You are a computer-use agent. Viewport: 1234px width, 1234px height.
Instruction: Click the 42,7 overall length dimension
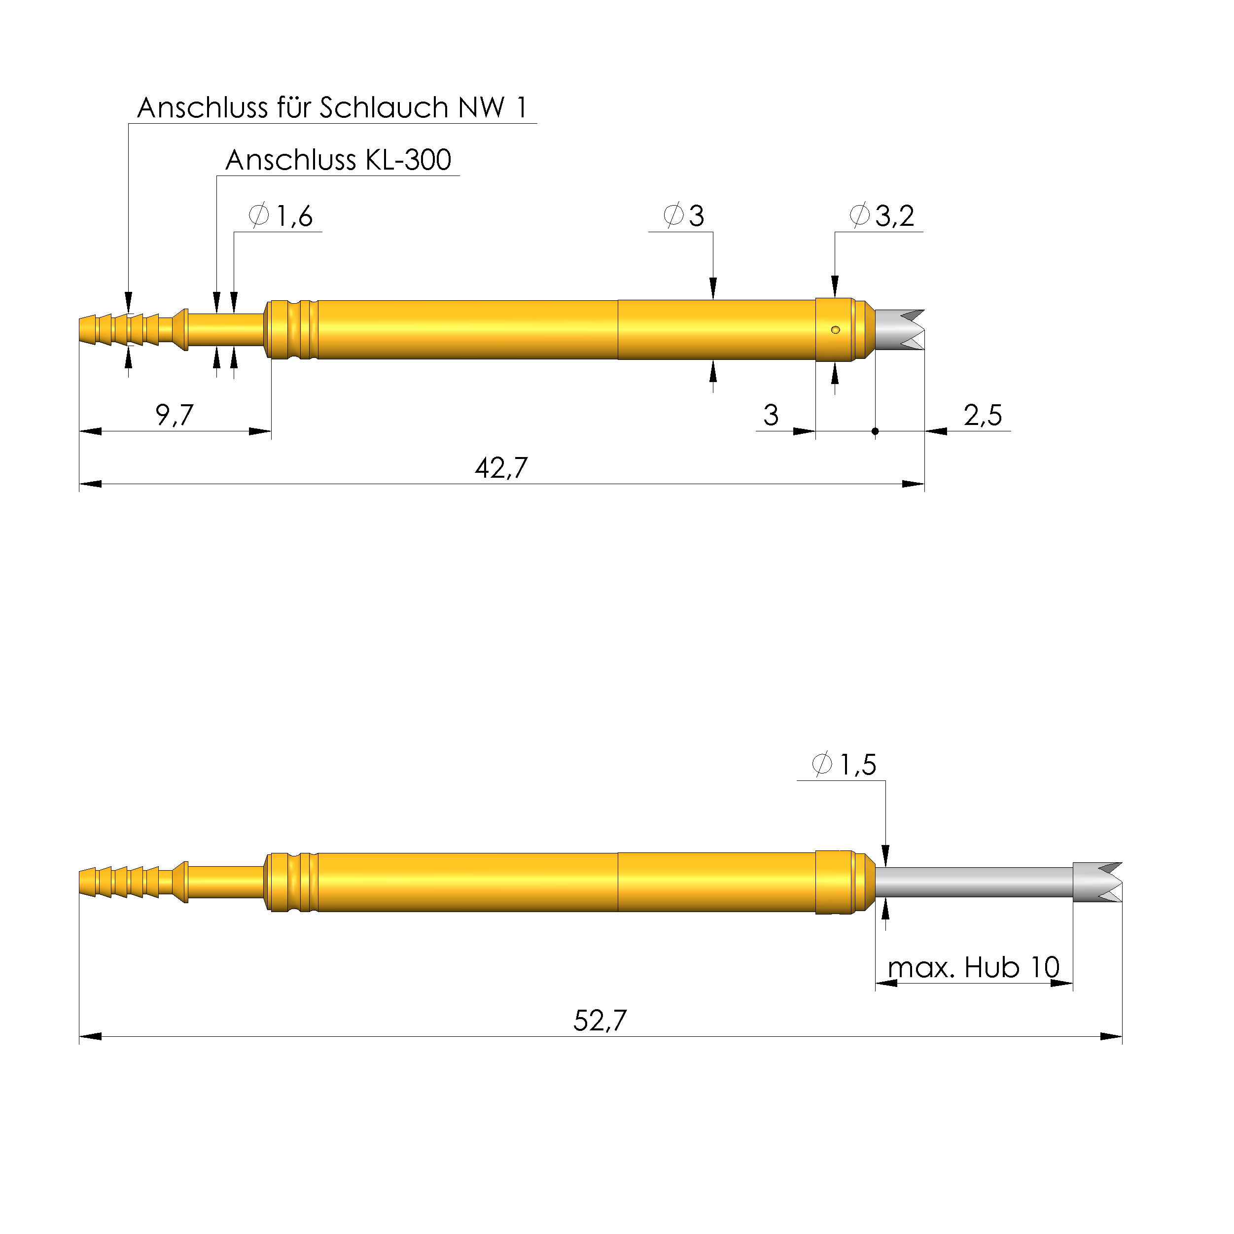tap(501, 468)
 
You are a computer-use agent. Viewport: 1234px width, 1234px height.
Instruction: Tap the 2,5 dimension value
tap(983, 416)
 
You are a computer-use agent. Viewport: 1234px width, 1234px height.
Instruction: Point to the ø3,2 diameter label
tap(881, 216)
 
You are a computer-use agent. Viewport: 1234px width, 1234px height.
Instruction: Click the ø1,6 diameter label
tap(281, 216)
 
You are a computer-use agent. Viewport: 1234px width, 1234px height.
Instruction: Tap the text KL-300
tap(408, 160)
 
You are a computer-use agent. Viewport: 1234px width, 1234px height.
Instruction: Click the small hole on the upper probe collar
tap(836, 330)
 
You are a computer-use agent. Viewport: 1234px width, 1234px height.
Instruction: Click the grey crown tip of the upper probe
tap(899, 330)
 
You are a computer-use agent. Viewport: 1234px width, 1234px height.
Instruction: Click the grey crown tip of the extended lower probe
tap(1097, 882)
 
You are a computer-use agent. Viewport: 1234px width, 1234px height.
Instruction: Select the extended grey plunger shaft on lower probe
tap(974, 882)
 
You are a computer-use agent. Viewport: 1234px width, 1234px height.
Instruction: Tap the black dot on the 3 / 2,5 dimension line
tap(875, 432)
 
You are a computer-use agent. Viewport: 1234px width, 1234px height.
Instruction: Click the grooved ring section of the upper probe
tap(291, 330)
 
